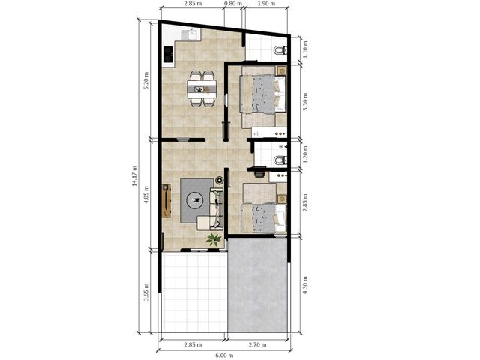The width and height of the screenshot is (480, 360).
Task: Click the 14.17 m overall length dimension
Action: pyautogui.click(x=133, y=175)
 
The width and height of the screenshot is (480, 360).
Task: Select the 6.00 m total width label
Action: pyautogui.click(x=224, y=355)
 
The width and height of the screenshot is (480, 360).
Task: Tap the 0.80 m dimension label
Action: pyautogui.click(x=233, y=3)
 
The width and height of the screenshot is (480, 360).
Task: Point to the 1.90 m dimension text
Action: pyautogui.click(x=266, y=3)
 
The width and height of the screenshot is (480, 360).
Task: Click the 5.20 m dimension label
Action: pyautogui.click(x=146, y=80)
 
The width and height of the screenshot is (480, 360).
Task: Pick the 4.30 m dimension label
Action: pyautogui.click(x=305, y=285)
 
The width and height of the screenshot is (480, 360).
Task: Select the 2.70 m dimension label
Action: pyautogui.click(x=257, y=344)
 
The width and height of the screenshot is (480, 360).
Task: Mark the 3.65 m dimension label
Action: pyautogui.click(x=146, y=292)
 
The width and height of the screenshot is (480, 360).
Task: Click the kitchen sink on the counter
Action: pyautogui.click(x=191, y=34)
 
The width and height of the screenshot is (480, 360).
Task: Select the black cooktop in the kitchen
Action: pyautogui.click(x=168, y=54)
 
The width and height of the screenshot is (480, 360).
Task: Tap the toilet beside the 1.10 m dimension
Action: pyautogui.click(x=280, y=50)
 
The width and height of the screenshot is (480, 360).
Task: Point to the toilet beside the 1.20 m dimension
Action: pyautogui.click(x=280, y=160)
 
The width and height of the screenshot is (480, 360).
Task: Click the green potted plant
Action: pyautogui.click(x=214, y=239)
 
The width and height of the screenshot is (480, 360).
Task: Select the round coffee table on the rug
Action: pyautogui.click(x=196, y=200)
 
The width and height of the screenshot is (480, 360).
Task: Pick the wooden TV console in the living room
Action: pyautogui.click(x=166, y=201)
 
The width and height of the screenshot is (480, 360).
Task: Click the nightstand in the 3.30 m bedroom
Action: pyautogui.click(x=283, y=70)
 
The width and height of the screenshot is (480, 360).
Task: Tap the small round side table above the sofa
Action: pyautogui.click(x=220, y=180)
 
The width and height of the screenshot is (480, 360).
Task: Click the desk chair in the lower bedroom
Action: pyautogui.click(x=259, y=174)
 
